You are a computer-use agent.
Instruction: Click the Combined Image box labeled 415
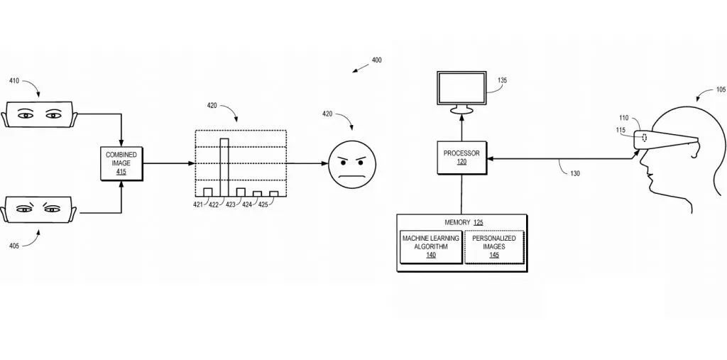click(x=122, y=163)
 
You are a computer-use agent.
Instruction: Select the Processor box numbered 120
click(x=461, y=157)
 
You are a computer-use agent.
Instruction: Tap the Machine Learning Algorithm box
click(x=430, y=246)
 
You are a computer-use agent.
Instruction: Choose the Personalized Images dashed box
click(x=494, y=246)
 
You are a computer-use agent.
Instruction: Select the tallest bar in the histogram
click(x=224, y=167)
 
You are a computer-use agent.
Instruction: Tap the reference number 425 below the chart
click(x=263, y=205)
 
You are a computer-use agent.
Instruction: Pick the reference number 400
click(x=376, y=60)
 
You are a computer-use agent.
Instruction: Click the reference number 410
click(x=14, y=81)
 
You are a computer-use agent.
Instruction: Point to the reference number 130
click(x=574, y=173)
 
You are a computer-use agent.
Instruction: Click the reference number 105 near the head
click(x=720, y=90)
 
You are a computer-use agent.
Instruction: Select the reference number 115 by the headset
click(x=621, y=129)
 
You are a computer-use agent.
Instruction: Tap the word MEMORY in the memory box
click(x=457, y=222)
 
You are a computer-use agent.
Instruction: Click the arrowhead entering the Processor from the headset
click(x=492, y=157)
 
